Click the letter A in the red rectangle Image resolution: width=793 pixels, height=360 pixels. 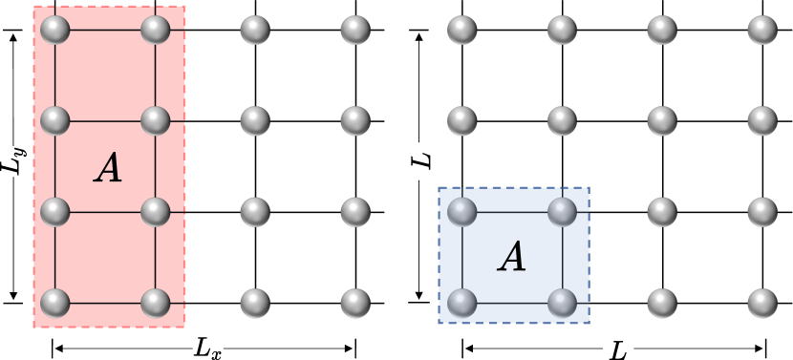point(109,168)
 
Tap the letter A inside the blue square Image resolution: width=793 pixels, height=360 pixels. point(513,257)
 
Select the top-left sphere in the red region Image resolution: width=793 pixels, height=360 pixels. point(55,30)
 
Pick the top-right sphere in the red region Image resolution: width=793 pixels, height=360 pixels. point(156,30)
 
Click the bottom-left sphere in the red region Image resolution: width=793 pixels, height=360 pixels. point(55,303)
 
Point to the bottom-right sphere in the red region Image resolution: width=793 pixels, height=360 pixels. point(156,303)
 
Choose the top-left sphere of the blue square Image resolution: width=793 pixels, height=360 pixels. point(462,211)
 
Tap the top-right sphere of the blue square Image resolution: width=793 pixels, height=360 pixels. point(563,211)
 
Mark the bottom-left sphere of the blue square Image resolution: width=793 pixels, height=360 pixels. point(462,303)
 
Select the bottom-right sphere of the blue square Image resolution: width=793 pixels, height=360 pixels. point(563,303)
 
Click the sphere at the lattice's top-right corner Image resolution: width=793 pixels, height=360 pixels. point(762,30)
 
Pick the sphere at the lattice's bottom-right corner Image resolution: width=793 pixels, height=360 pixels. point(762,303)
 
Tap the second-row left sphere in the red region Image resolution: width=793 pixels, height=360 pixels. point(55,120)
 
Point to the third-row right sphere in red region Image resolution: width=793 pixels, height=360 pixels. point(156,211)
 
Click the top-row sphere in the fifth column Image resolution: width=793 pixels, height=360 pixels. point(462,30)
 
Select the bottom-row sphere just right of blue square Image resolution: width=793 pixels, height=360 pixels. point(662,303)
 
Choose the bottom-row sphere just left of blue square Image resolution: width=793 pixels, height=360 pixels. point(355,303)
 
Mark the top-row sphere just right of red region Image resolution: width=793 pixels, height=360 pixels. point(255,30)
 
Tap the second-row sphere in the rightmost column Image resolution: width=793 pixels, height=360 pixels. point(762,120)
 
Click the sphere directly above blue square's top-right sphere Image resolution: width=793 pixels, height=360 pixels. point(563,120)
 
